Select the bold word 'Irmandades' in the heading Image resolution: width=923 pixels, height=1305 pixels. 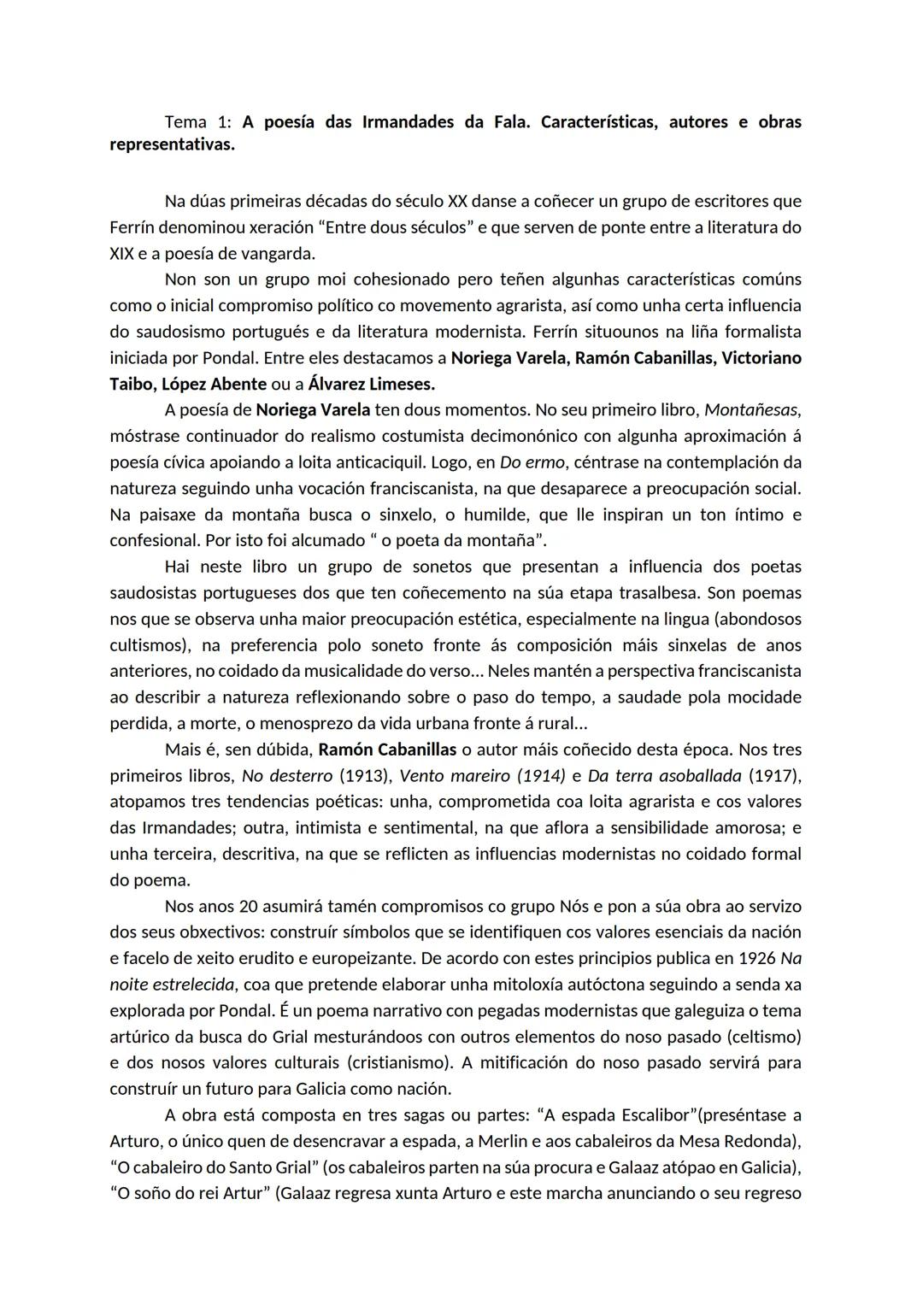408,122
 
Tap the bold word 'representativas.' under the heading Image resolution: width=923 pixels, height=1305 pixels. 172,144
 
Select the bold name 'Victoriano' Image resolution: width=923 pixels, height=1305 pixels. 761,358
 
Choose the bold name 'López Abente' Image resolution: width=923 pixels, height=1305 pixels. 214,384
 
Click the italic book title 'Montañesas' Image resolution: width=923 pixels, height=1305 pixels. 751,410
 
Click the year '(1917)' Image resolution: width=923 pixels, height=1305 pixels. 774,776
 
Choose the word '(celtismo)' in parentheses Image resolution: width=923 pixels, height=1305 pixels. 760,1037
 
